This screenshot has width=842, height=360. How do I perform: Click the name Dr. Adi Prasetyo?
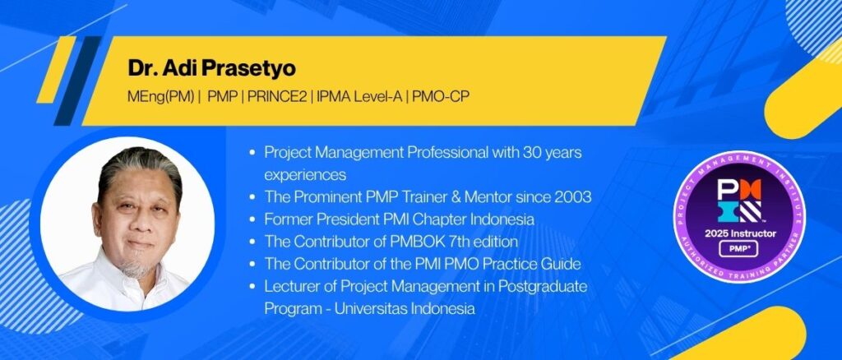pyautogui.click(x=211, y=69)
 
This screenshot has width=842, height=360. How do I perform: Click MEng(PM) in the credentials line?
pyautogui.click(x=161, y=99)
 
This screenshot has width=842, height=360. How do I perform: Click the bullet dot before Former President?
pyautogui.click(x=252, y=220)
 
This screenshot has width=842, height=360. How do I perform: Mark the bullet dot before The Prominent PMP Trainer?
pyautogui.click(x=252, y=197)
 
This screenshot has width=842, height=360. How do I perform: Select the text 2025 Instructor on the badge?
pyautogui.click(x=739, y=233)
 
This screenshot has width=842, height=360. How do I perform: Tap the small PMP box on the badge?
pyautogui.click(x=739, y=249)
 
